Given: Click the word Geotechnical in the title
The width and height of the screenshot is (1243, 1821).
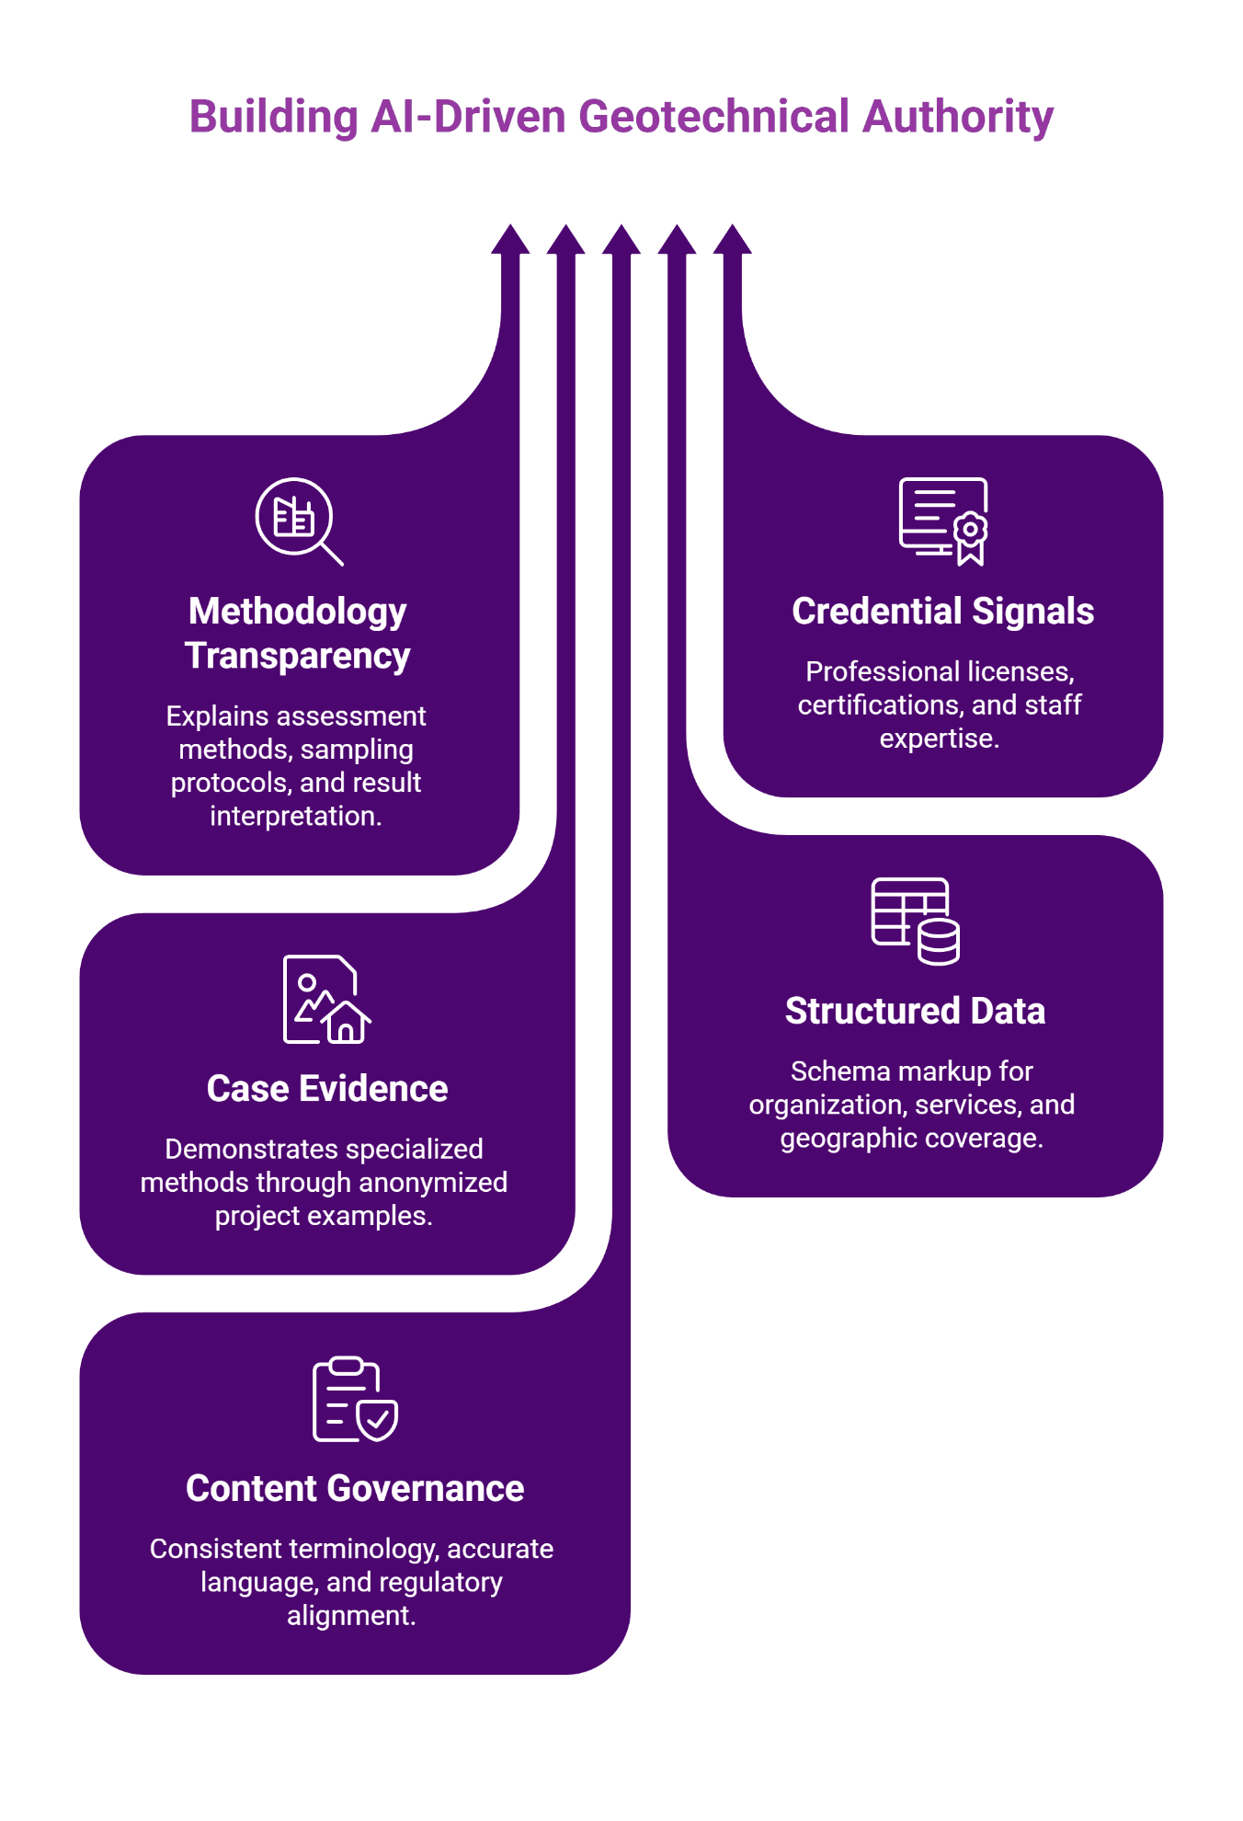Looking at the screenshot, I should click(713, 118).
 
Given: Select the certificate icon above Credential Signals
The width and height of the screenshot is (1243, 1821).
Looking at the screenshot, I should click(943, 520).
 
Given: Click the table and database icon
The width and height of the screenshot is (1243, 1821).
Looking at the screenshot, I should click(915, 921).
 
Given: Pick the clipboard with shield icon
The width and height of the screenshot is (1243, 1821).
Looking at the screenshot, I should click(355, 1399).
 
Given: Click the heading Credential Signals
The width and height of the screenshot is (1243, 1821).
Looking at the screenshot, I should click(942, 612).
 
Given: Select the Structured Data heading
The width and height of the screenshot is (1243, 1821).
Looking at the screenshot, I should click(915, 1011).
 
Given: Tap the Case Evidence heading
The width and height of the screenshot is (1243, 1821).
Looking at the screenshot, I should click(327, 1089).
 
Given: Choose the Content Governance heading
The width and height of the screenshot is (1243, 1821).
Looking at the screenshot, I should click(355, 1488).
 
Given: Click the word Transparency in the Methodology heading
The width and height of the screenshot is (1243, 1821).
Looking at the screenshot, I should click(297, 657).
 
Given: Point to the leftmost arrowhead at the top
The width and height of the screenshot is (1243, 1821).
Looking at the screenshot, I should click(510, 240).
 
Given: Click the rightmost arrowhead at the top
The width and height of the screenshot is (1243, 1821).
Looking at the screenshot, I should click(733, 240).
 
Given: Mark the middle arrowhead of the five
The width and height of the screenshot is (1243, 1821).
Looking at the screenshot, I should click(621, 240).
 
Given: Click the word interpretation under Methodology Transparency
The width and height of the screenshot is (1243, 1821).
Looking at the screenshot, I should click(294, 817).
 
